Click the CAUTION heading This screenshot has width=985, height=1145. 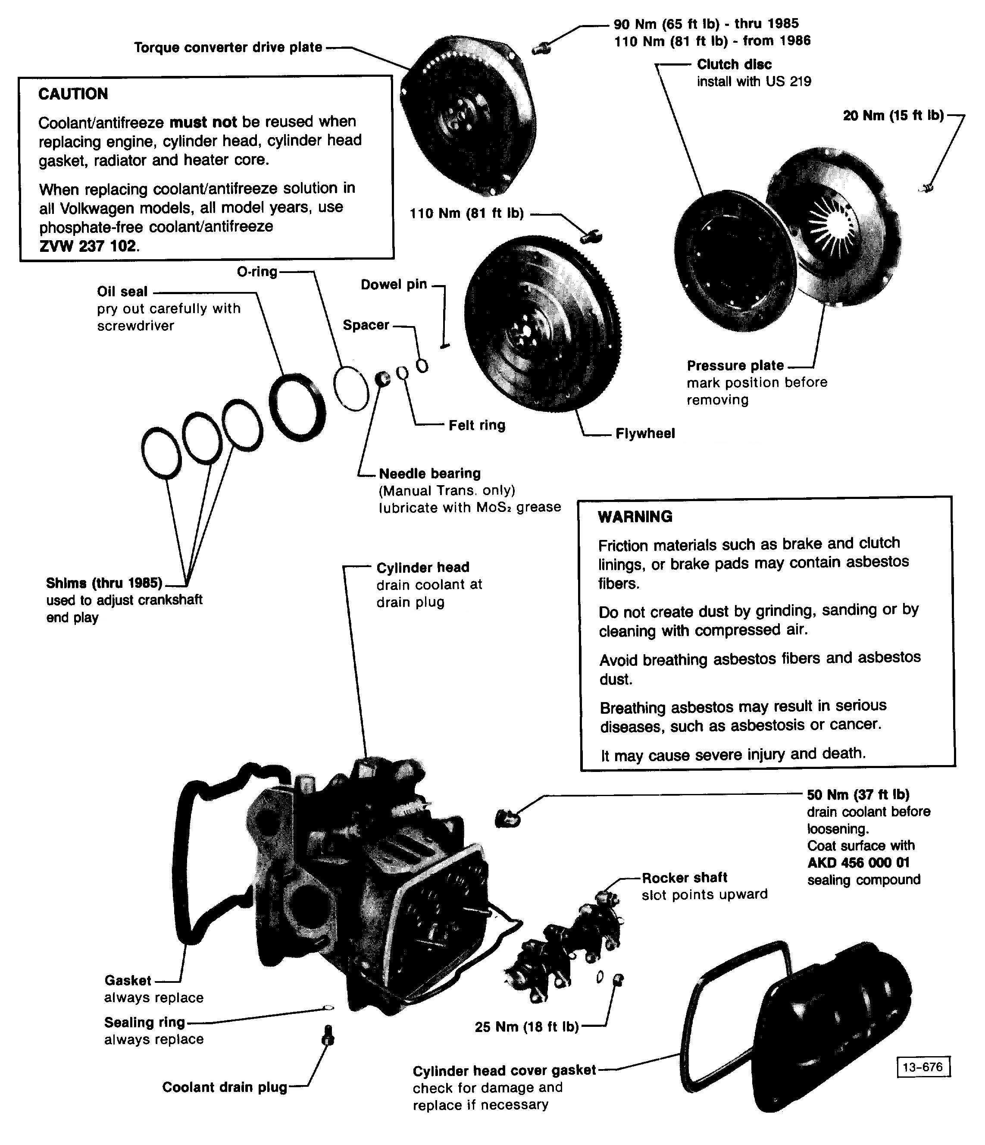click(x=73, y=94)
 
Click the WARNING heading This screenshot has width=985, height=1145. click(x=635, y=517)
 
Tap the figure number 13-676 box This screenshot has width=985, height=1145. click(x=922, y=1067)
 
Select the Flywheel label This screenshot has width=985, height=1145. click(x=645, y=433)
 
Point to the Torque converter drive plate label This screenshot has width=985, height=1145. click(x=228, y=47)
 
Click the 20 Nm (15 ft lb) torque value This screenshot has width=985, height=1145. click(x=893, y=116)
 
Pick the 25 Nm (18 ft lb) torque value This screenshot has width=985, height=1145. click(x=526, y=1027)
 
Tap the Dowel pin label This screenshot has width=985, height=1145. click(x=393, y=285)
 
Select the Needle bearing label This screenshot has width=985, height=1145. click(x=429, y=474)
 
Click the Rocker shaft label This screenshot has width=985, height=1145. click(x=684, y=878)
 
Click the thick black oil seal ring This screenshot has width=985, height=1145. click(x=297, y=407)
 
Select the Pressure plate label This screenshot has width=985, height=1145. click(x=735, y=365)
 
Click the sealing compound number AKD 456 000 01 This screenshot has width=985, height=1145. click(x=858, y=863)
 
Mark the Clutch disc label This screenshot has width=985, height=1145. click(x=734, y=65)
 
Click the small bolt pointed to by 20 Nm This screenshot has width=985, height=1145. click(x=928, y=188)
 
